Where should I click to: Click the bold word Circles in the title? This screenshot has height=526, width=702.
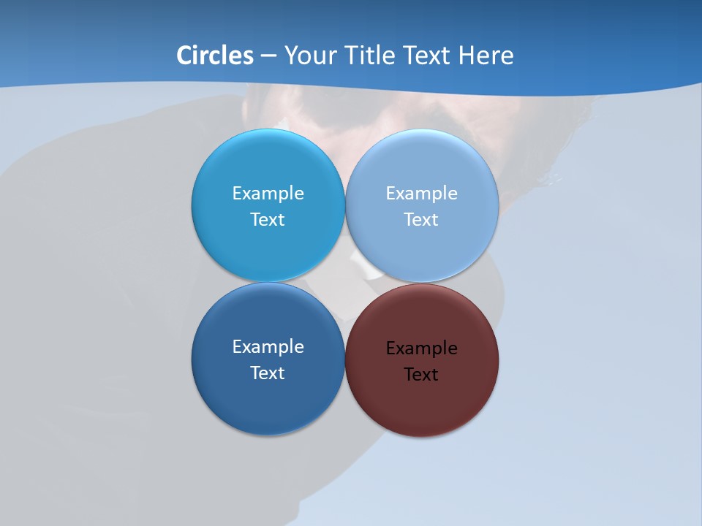click(215, 56)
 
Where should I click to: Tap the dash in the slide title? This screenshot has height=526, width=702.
click(268, 56)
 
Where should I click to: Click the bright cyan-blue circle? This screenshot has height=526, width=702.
click(268, 168)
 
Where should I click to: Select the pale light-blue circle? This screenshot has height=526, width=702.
click(422, 168)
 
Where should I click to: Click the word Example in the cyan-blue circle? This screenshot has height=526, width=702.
click(268, 193)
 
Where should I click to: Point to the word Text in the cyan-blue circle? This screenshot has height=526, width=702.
click(268, 219)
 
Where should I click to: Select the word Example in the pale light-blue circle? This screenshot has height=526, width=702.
click(421, 193)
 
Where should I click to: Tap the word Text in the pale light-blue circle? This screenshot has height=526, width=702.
click(421, 219)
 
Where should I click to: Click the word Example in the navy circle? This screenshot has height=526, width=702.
click(268, 346)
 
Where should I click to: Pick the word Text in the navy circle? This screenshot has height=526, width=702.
click(268, 373)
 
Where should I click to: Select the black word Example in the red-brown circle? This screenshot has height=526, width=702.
click(421, 348)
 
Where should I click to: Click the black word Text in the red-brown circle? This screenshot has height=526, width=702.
click(421, 374)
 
